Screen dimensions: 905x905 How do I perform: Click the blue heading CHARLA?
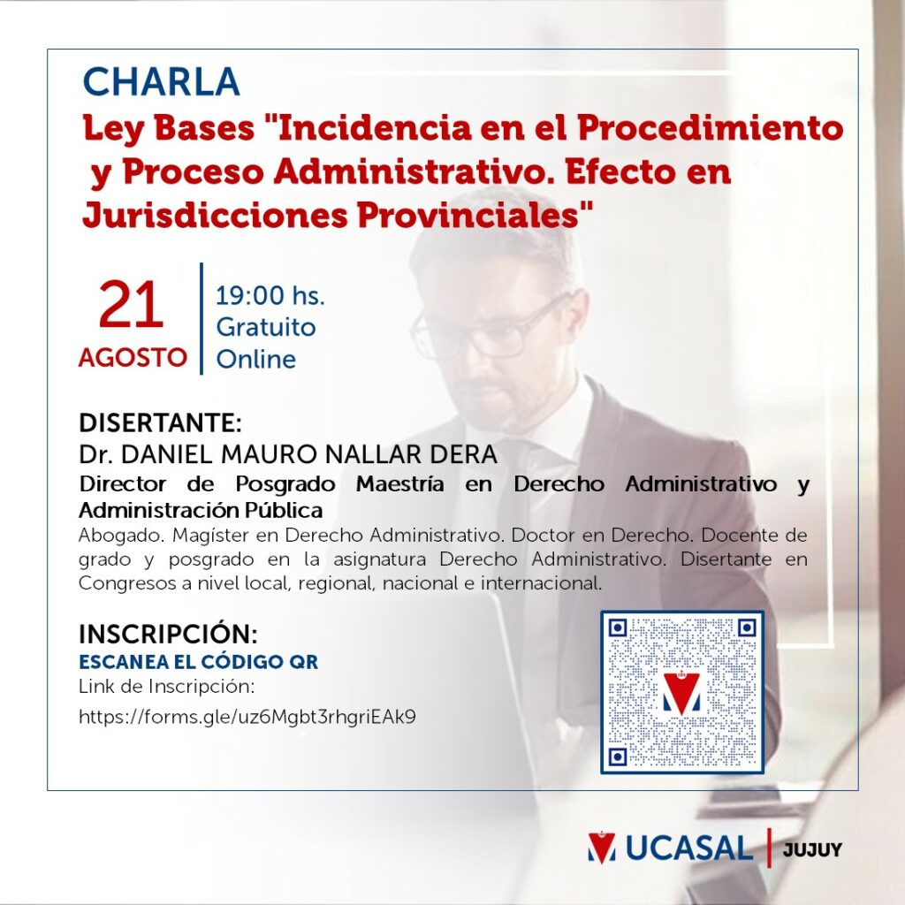tap(161, 81)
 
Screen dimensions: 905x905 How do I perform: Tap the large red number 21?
tap(131, 305)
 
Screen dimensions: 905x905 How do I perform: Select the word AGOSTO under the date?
tap(133, 357)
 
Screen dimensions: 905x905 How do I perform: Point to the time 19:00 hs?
tap(270, 295)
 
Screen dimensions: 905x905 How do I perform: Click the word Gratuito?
tap(266, 328)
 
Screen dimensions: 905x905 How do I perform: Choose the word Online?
tap(255, 359)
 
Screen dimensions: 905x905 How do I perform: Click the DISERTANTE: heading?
tap(160, 422)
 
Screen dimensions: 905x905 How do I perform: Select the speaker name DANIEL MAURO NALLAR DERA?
tap(308, 454)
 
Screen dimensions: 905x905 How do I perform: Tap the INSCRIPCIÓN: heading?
tap(168, 634)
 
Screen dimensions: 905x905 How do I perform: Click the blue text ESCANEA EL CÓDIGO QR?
tap(199, 662)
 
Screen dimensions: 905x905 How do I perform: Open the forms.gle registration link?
tap(247, 717)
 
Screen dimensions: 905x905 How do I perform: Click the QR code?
tap(682, 692)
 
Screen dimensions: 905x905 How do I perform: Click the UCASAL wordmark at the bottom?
tap(689, 848)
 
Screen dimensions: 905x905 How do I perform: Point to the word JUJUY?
tap(812, 849)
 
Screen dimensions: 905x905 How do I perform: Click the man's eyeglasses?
tap(491, 328)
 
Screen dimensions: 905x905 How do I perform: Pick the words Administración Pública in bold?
tap(201, 510)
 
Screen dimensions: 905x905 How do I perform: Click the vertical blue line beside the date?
tap(202, 318)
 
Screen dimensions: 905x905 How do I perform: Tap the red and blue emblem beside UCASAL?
tap(601, 848)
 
